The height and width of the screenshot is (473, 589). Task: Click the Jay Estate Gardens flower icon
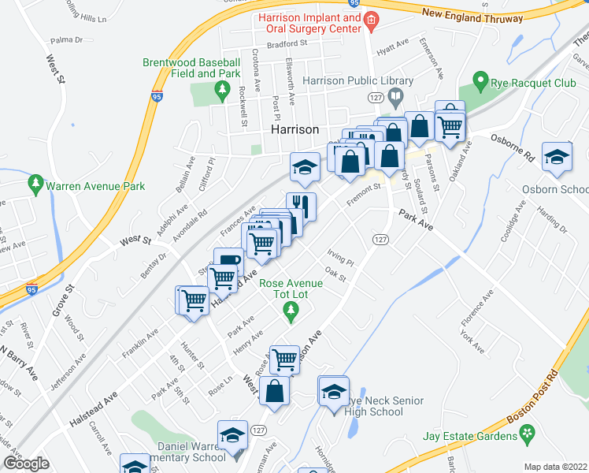point(527,434)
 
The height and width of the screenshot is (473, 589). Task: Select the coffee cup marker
point(228,261)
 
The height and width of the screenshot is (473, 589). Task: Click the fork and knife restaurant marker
point(301,206)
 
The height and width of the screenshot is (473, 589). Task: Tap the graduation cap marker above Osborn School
point(556,157)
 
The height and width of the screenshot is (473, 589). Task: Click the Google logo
point(25,464)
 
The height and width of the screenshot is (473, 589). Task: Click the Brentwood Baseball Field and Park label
point(191,68)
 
